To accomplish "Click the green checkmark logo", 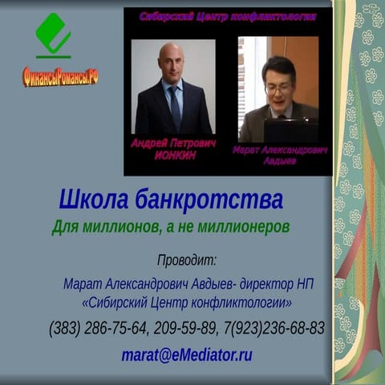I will point(53,36).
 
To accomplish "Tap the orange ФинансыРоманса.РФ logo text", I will point(60,77).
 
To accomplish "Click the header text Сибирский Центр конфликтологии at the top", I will point(228,16).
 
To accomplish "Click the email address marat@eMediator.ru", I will point(187,354).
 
